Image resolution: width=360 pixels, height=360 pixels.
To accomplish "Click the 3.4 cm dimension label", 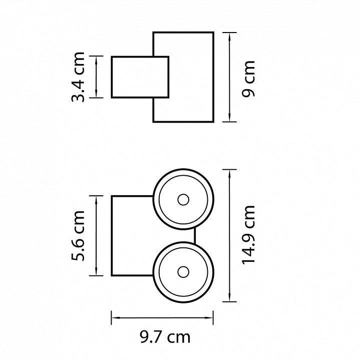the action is coord(78,77).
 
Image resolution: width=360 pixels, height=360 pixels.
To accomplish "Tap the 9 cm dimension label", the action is coord(248,79).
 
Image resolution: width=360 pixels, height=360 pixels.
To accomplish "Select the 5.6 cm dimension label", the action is coord(78,235).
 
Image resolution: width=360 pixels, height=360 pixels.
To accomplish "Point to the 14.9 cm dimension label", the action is coord(248,235).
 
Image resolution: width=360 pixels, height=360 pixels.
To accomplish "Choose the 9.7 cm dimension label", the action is coord(165,337).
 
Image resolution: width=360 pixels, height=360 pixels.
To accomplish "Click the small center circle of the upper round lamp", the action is coord(183,200).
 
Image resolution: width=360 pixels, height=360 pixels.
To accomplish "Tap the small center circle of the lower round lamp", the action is coord(183,272).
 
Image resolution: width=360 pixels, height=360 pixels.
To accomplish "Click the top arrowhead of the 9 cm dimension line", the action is coord(229,37).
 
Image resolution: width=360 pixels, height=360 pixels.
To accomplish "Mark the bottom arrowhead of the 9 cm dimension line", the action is coord(229,117).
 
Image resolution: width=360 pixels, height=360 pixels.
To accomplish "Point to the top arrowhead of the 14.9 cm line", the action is coord(229,174).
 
